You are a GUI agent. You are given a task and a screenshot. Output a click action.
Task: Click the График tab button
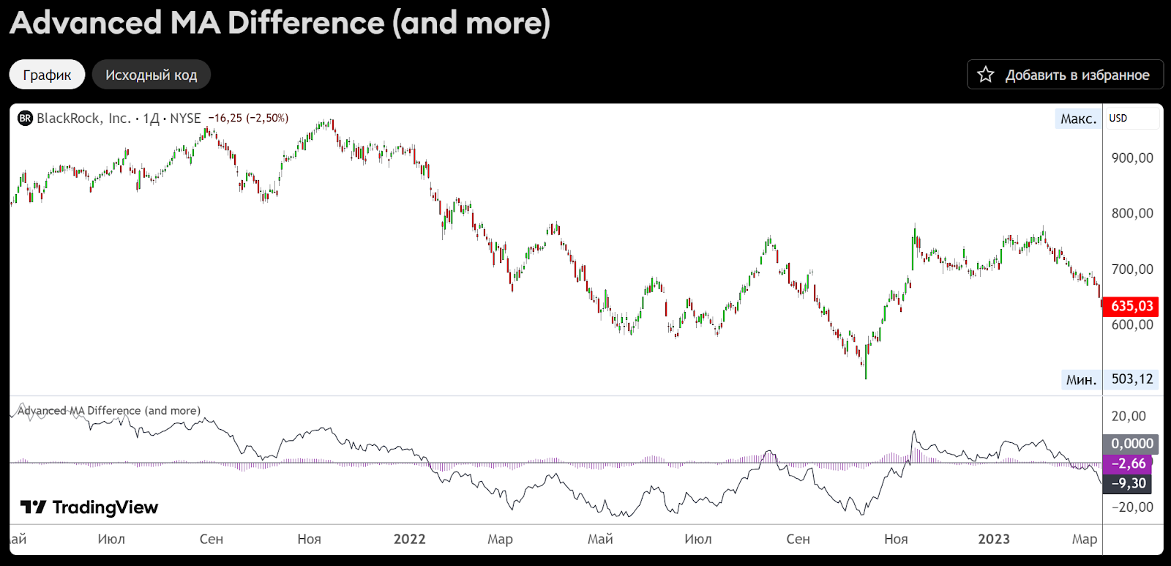pos(47,75)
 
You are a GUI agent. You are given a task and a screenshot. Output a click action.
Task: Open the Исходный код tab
pos(151,75)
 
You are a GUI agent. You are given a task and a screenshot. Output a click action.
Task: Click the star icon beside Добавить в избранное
pos(986,75)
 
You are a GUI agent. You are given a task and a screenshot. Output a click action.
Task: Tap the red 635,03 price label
pos(1131,306)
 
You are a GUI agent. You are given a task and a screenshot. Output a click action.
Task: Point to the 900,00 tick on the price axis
pos(1131,158)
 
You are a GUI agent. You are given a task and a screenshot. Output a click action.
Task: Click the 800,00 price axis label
pos(1131,214)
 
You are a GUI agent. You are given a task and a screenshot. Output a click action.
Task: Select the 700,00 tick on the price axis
pos(1131,269)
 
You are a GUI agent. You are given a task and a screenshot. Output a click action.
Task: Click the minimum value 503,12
pos(1131,379)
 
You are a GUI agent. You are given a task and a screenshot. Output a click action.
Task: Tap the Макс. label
pos(1078,119)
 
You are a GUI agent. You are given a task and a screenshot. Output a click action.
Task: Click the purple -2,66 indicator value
pos(1129,463)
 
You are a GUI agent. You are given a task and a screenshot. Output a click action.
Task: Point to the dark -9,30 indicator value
pos(1129,483)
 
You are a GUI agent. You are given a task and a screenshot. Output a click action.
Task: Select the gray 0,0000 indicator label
pos(1131,444)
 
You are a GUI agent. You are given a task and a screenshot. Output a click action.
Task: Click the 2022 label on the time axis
pos(409,540)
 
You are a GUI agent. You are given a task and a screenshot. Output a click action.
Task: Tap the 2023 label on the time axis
pos(993,540)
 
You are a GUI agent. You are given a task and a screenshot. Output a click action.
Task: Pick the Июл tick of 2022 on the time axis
pos(697,540)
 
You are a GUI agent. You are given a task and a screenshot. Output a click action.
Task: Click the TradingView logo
pos(89,507)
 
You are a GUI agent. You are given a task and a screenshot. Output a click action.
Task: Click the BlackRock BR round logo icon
pos(26,119)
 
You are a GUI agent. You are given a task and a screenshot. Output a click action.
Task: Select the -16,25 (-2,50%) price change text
pos(248,119)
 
